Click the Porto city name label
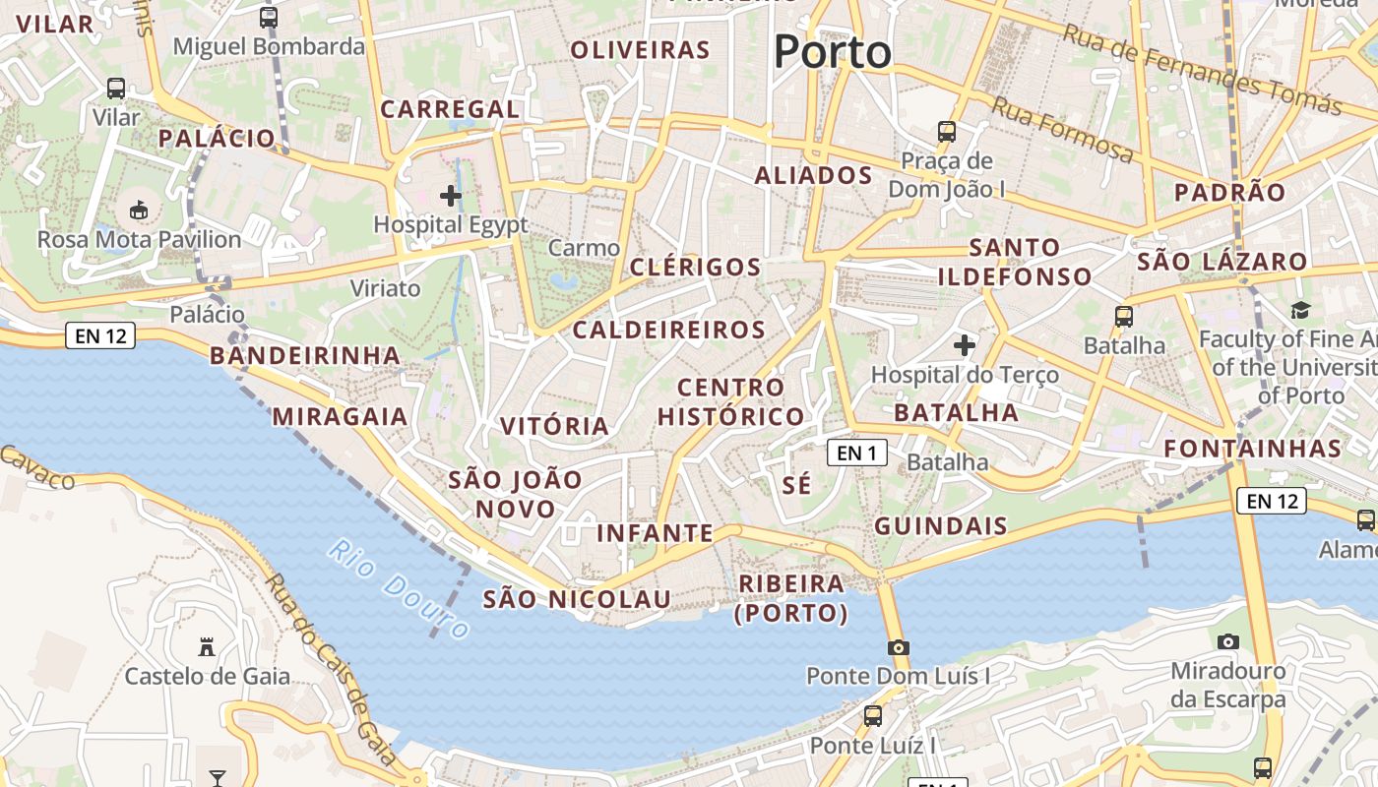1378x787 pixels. (832, 51)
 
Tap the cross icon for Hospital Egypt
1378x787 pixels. (451, 196)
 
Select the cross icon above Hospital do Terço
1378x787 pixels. (965, 345)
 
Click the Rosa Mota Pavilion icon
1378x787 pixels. (139, 211)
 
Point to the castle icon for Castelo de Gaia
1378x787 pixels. (207, 647)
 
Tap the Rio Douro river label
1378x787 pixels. (399, 588)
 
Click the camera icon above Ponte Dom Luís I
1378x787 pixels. (898, 647)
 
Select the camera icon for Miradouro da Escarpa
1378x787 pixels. (1227, 642)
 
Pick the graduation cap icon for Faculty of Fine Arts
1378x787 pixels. (1300, 311)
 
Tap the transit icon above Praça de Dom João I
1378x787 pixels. (946, 131)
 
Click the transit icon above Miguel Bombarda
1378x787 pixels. (269, 17)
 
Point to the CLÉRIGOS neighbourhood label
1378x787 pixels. (695, 268)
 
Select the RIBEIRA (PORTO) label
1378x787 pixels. (791, 598)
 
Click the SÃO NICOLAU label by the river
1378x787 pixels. (577, 599)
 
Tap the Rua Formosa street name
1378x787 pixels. (1062, 130)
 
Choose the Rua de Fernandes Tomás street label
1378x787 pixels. (1201, 69)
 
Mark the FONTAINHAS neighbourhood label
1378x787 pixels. (1252, 449)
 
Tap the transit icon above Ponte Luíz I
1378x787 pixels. (873, 716)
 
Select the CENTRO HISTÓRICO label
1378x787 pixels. (730, 401)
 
